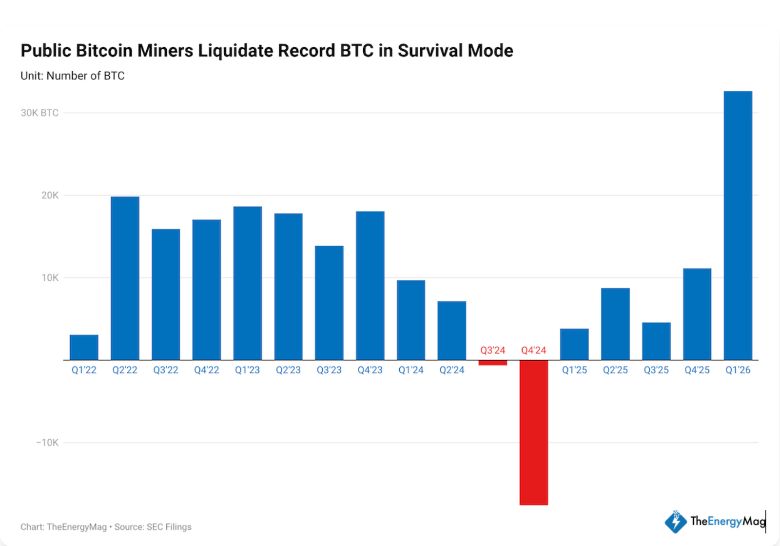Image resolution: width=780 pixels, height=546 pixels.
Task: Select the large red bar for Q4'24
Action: pos(533,432)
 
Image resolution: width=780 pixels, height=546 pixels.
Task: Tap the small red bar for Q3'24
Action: pos(492,363)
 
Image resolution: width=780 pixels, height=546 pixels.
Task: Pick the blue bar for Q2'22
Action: pos(125,278)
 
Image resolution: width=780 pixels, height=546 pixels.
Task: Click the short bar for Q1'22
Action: pos(84,347)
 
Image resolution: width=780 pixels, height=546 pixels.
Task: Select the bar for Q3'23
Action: pos(329,303)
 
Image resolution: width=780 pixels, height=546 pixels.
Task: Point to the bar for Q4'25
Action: pos(697,314)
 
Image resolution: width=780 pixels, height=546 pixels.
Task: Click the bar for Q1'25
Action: pos(574,344)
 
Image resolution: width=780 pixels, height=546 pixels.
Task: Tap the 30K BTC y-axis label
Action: pos(39,113)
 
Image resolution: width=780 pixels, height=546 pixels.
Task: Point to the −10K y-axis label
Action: pos(47,443)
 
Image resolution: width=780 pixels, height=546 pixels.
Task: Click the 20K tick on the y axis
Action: pos(50,195)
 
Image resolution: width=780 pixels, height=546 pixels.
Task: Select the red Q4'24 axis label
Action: pos(533,350)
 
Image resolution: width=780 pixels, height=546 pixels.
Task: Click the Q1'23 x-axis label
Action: pos(247,370)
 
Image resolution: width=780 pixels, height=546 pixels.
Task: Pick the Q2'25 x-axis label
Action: pos(615,370)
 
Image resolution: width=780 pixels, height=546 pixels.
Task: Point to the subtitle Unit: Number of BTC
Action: pos(73,76)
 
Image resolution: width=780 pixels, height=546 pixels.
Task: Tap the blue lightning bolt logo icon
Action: pos(675,522)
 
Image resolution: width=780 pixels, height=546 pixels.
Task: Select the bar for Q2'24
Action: pos(451,331)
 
